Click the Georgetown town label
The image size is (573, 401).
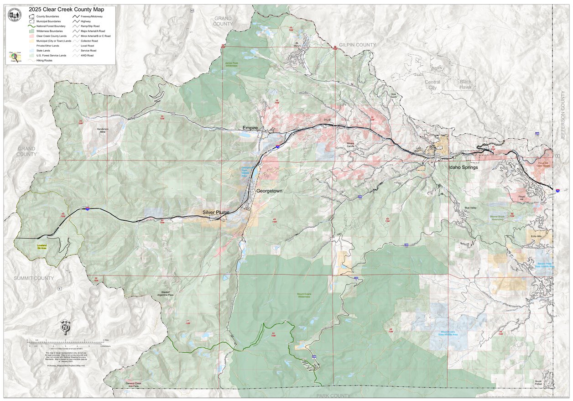pyautogui.click(x=269, y=191)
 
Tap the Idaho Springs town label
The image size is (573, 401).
pyautogui.click(x=463, y=167)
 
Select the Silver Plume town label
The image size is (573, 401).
pyautogui.click(x=216, y=213)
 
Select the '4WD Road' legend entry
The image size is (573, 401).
pyautogui.click(x=87, y=56)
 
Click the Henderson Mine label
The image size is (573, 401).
pyautogui.click(x=103, y=130)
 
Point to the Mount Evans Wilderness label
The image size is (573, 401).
pyautogui.click(x=304, y=295)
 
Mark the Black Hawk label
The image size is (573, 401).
pyautogui.click(x=465, y=84)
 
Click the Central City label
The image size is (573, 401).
pyautogui.click(x=432, y=84)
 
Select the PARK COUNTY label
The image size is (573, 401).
pyautogui.click(x=334, y=396)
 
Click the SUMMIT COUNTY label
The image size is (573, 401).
pyautogui.click(x=33, y=278)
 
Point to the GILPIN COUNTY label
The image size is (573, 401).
pyautogui.click(x=357, y=45)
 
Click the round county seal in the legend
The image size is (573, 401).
pyautogui.click(x=15, y=15)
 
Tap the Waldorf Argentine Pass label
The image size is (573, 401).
pyautogui.click(x=165, y=294)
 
